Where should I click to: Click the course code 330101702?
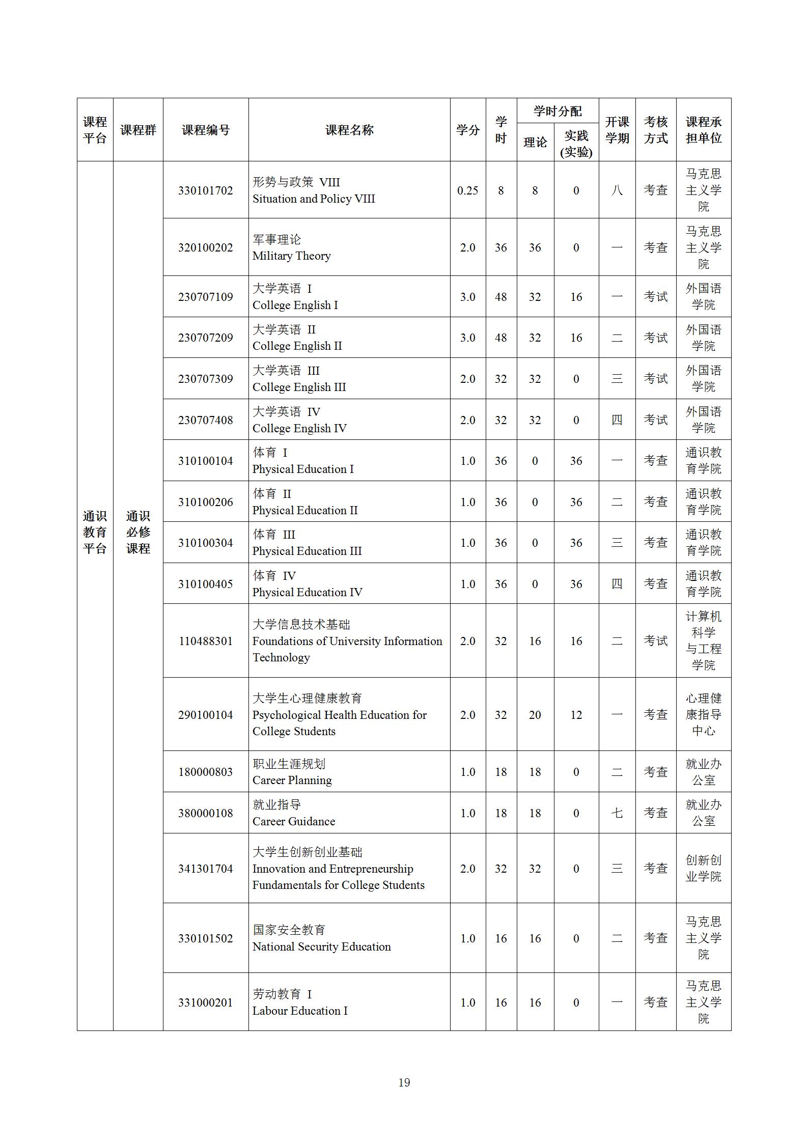point(205,190)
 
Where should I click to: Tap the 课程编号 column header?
point(205,130)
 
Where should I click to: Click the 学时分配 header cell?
point(558,111)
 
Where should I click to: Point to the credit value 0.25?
point(467,190)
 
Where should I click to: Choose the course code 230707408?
point(205,420)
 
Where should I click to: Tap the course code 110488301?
point(205,641)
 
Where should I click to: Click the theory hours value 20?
point(535,715)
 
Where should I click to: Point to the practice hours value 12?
point(576,715)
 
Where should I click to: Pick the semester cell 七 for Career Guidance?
point(617,813)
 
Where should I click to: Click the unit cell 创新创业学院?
point(703,869)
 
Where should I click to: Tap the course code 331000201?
point(205,1002)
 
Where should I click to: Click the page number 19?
point(404,1082)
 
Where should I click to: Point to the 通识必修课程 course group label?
point(138,532)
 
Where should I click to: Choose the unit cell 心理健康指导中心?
point(703,715)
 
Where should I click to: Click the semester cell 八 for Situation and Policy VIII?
point(617,190)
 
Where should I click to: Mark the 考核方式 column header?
point(655,130)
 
